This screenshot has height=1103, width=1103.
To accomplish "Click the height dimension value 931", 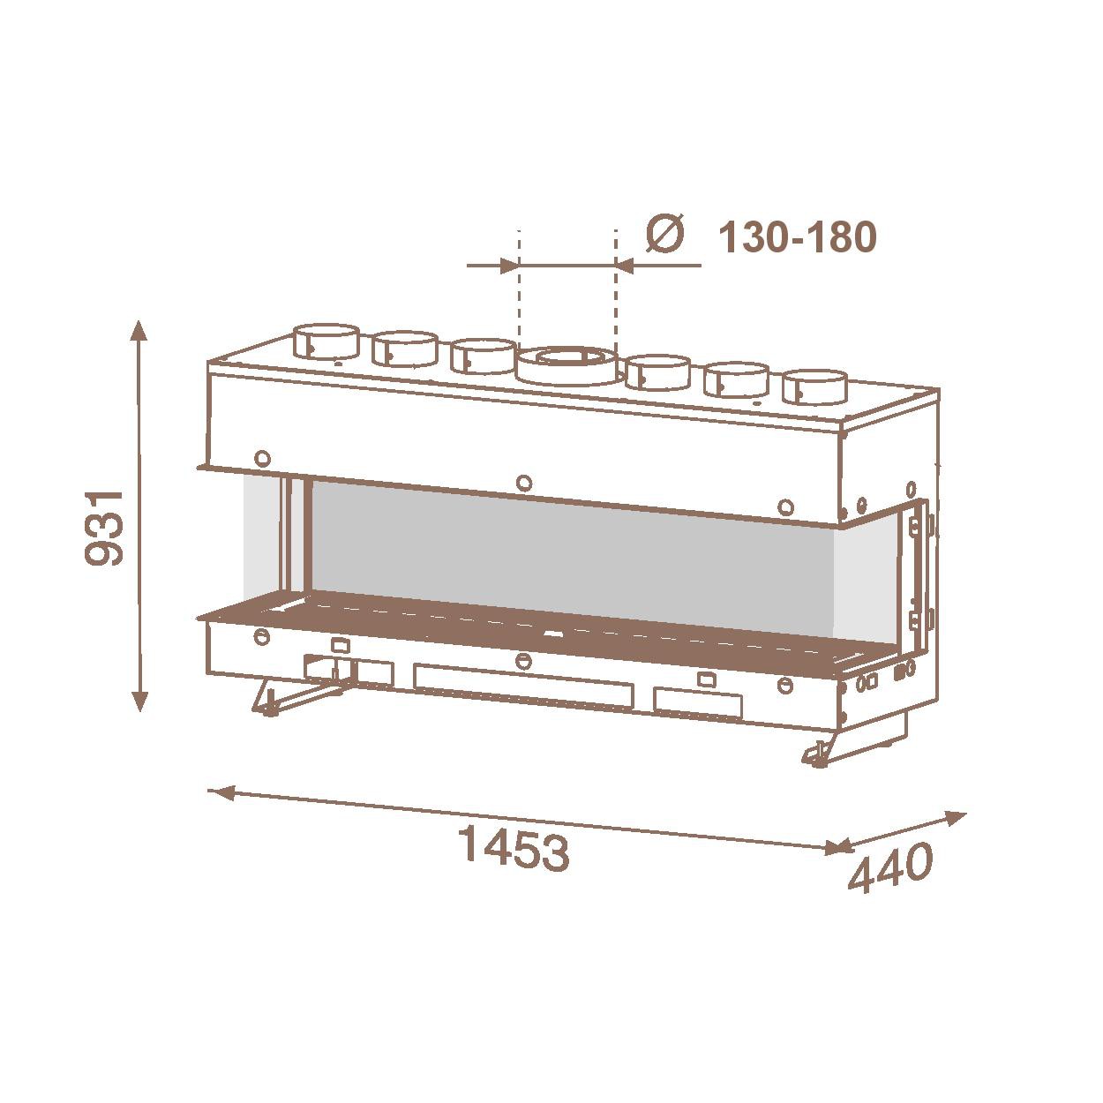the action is (103, 527).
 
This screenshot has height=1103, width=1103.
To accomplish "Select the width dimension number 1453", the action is (514, 851).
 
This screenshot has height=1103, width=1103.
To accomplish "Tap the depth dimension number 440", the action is (890, 868).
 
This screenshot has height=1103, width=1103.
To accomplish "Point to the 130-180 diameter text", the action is (798, 237).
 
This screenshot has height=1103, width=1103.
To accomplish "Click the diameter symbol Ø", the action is (665, 234).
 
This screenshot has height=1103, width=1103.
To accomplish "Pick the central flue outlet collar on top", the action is (567, 366).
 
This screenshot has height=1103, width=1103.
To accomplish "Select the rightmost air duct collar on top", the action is (814, 387).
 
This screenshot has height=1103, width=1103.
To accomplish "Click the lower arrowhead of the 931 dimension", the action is (139, 702).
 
